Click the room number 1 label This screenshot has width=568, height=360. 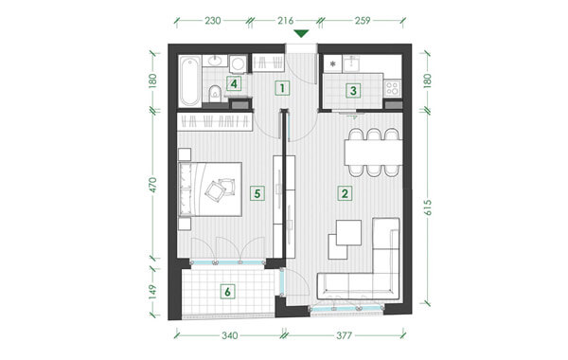pos(282,88)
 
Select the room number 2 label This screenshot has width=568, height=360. pos(345,193)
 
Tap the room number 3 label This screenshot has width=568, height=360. pos(353,91)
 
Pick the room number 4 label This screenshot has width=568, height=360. pos(234,84)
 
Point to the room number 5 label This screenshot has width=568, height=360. pos(257,193)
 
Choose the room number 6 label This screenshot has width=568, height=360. pos(227,292)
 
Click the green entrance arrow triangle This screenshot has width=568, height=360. pos(301,34)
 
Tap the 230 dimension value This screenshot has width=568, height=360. pos(213,21)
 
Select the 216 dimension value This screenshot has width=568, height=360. pos(286,21)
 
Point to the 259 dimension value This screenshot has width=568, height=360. pos(363,21)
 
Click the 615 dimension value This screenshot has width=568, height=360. pos(428,207)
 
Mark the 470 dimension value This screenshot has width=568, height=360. pos(152,185)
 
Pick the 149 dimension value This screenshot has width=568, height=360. pos(152,292)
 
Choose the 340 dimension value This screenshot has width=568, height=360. pos(230,335)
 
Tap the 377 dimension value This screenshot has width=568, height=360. pos(344,335)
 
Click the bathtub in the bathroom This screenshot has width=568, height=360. pos(190,81)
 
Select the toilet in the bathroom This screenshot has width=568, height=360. pos(216,94)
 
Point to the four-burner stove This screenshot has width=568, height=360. pos(392,88)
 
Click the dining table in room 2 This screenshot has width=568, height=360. pos(374,153)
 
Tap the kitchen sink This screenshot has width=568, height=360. pos(350,63)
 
